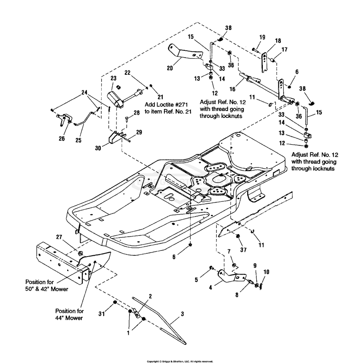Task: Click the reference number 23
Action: coord(114,78)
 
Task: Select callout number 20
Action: coord(170,68)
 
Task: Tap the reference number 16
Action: coord(232,89)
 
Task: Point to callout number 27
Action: coord(59,237)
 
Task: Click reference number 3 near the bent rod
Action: coord(182,314)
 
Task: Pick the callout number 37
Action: coord(243,250)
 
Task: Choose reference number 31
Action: coord(102,314)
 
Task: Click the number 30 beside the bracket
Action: coord(98,148)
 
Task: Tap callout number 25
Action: coord(78,140)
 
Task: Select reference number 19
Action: coord(262,37)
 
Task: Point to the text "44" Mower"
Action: coord(69,318)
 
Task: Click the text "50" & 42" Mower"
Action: coord(47,289)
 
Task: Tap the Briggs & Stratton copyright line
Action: coord(180,362)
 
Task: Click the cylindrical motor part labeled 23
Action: coord(114,99)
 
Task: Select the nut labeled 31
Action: coord(114,302)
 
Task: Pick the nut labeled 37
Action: coord(238,236)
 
